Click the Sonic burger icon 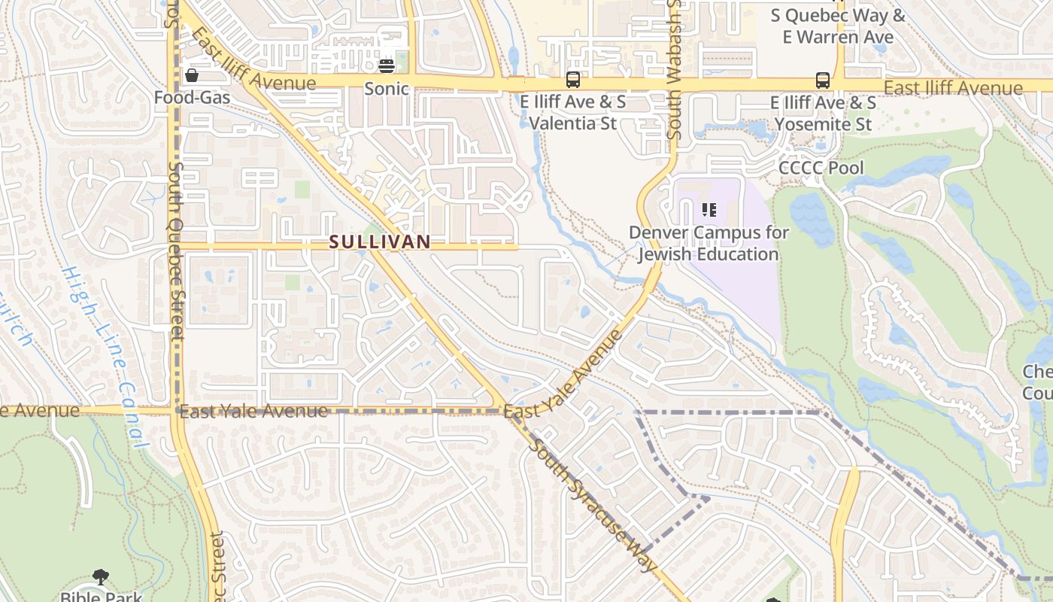point(387,65)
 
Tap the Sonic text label point(387,89)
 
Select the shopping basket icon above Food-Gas point(192,75)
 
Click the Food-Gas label point(192,98)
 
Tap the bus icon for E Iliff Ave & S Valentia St point(573,80)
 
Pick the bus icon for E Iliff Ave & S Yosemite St point(823,80)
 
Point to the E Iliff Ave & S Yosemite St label point(824,113)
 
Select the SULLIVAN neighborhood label point(380,242)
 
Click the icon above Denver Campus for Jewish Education point(709,209)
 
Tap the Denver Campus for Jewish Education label point(709,243)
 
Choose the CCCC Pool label point(821,168)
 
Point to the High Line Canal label point(105,357)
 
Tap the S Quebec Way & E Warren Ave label point(839,26)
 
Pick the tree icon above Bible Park point(101,577)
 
